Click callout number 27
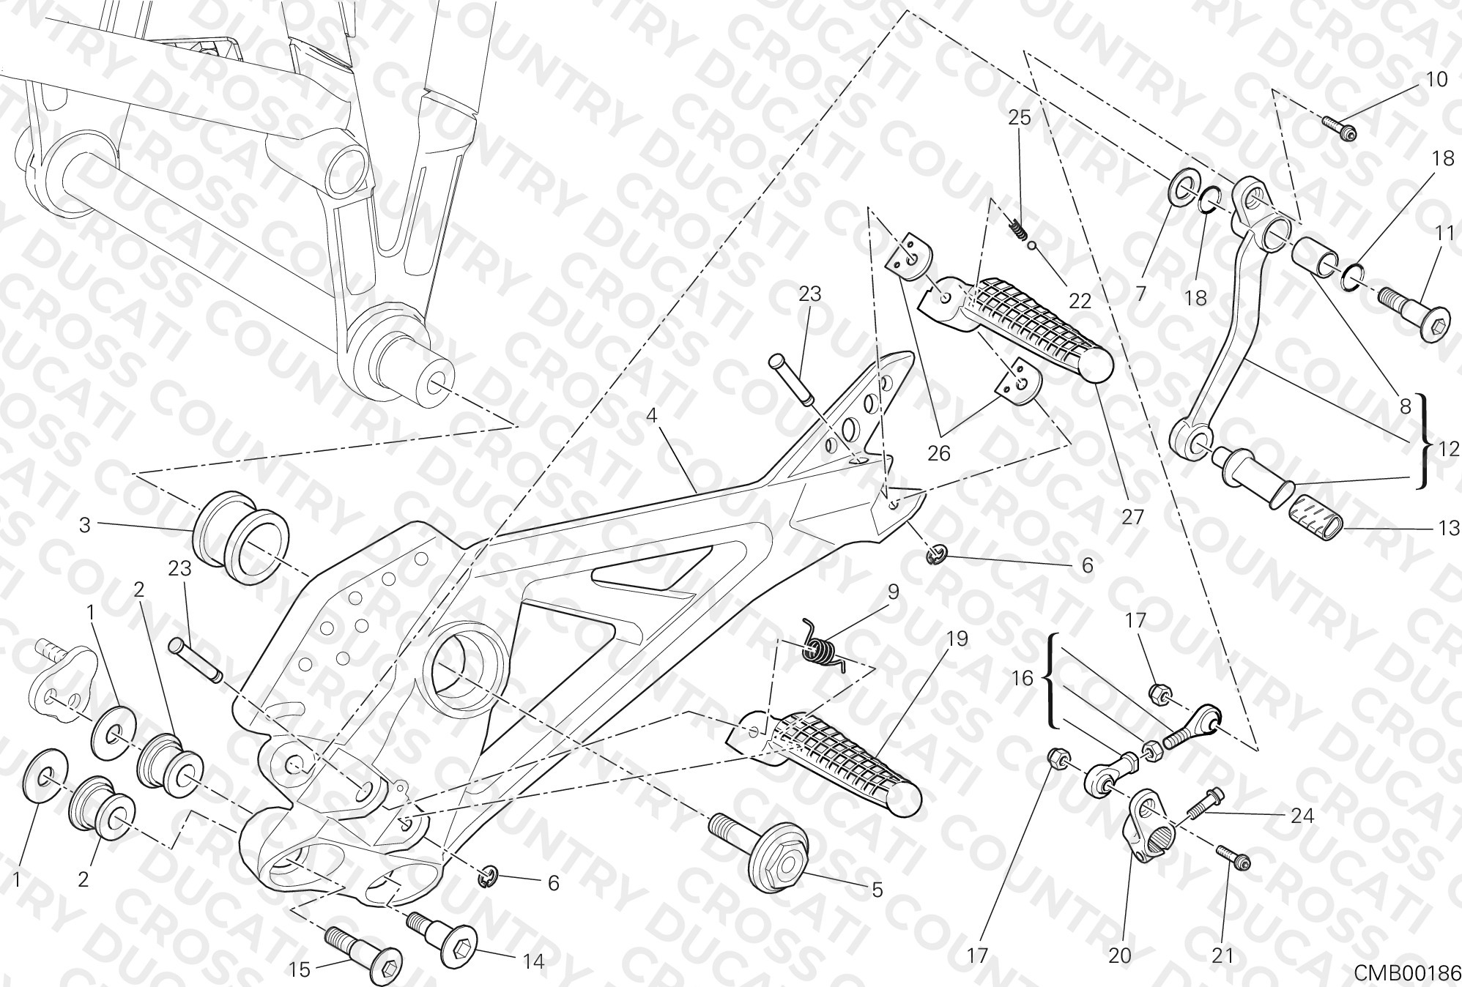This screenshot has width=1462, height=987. point(1132,517)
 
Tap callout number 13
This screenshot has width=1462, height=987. point(1448,527)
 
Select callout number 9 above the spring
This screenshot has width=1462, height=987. point(893,591)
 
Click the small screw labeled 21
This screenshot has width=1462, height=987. point(1234,857)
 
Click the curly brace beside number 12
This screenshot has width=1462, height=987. point(1422,442)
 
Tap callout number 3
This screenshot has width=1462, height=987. point(85,525)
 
